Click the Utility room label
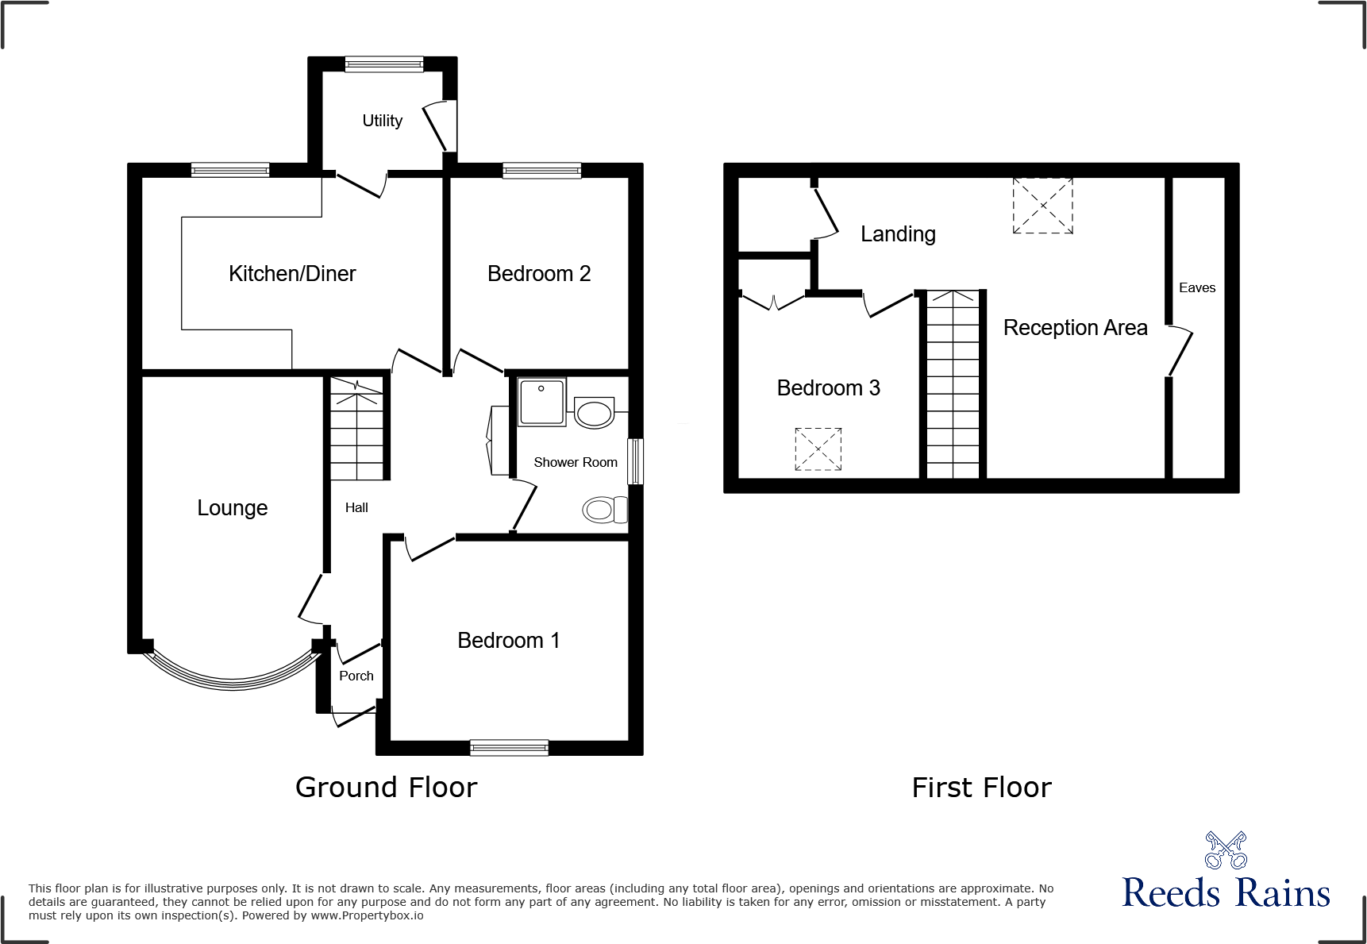[x=382, y=121]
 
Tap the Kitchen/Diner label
[x=292, y=274]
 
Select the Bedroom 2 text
[x=539, y=274]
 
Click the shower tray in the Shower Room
[x=542, y=402]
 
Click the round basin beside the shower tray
[x=594, y=413]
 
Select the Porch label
[x=356, y=676]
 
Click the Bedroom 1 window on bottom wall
[x=509, y=747]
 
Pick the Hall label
[x=356, y=507]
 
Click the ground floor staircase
[x=357, y=430]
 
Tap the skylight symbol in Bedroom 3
[x=818, y=449]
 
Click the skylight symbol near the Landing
[x=1042, y=206]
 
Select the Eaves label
[x=1197, y=288]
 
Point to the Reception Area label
[x=1075, y=328]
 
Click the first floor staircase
[x=953, y=385]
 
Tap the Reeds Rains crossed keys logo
[x=1226, y=850]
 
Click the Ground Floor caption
[x=386, y=787]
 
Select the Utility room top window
[x=384, y=64]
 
